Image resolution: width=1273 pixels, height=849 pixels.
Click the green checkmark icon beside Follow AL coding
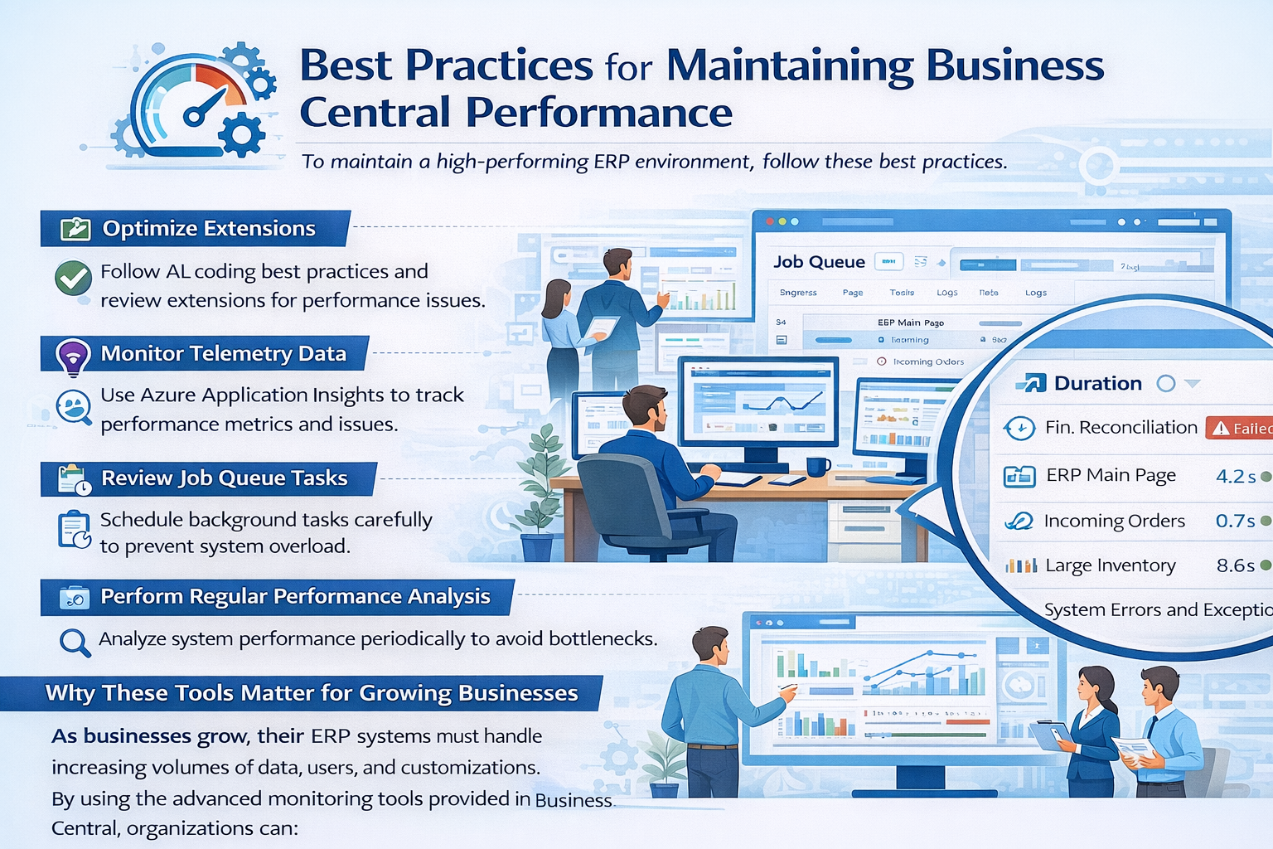[73, 279]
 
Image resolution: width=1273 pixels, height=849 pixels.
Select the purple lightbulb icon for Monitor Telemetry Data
[73, 357]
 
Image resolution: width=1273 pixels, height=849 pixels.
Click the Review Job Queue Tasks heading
[224, 478]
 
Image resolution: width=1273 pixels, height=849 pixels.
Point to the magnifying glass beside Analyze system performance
[74, 642]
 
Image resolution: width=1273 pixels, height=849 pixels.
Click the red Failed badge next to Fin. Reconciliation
[1240, 428]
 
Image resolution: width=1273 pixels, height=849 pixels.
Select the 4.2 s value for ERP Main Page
[1235, 477]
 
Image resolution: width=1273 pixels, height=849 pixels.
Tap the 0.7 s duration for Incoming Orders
[1235, 522]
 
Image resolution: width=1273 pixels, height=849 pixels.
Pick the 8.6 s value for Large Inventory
[1235, 566]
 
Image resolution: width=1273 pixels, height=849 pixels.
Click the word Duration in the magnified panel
[1097, 383]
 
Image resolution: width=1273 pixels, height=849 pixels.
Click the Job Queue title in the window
[819, 262]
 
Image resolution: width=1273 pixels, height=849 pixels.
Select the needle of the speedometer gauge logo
[207, 106]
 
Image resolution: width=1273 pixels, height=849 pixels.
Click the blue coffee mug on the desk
[817, 466]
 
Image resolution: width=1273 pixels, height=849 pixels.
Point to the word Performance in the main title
[598, 113]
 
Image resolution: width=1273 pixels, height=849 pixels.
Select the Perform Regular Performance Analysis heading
[295, 597]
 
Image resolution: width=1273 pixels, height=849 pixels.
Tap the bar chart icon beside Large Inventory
[1020, 566]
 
